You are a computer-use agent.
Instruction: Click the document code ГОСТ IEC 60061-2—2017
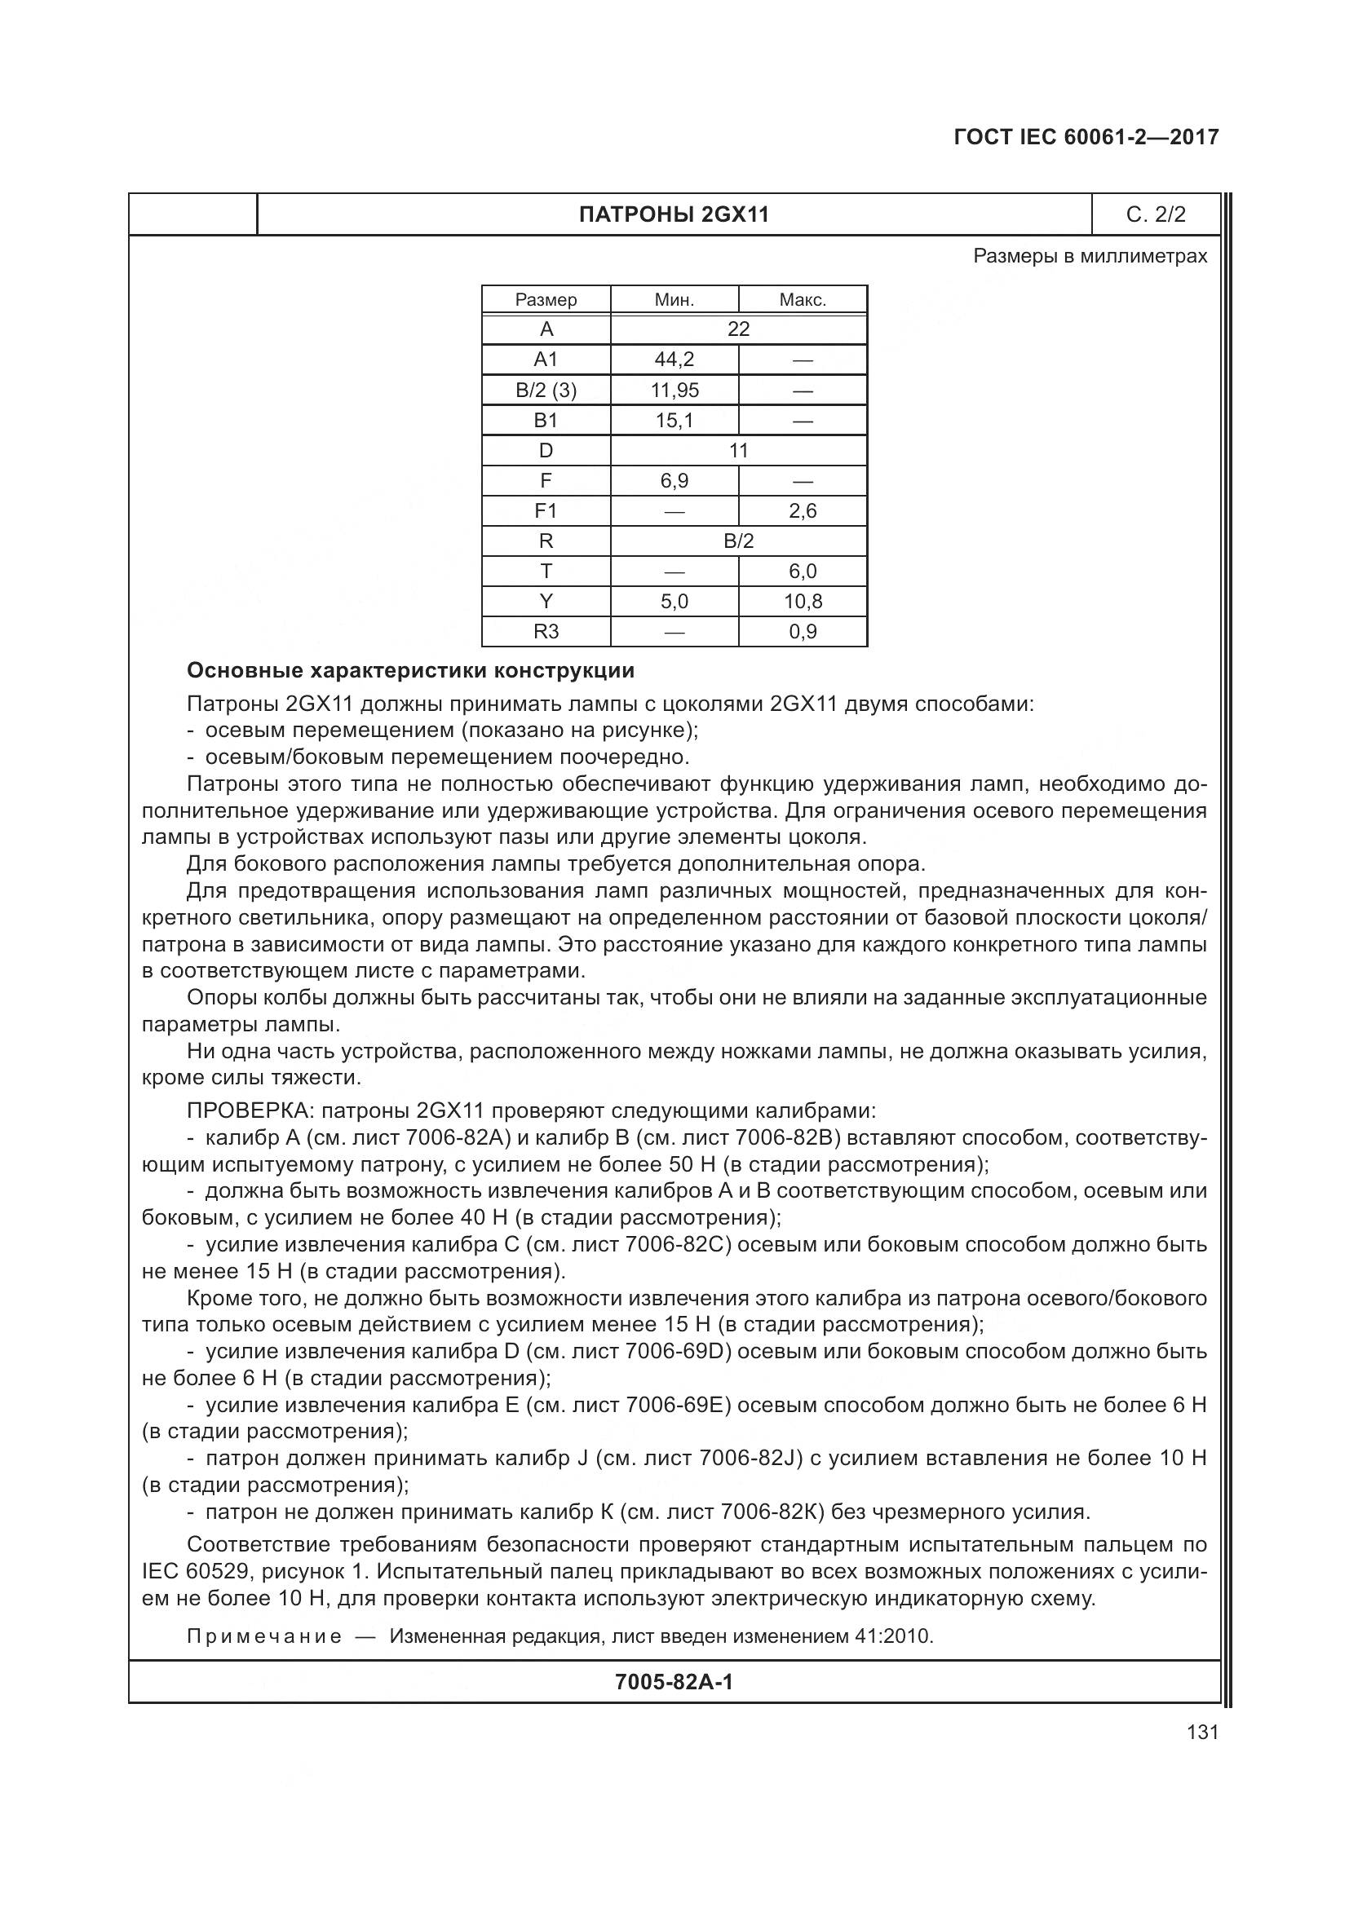pos(1086,137)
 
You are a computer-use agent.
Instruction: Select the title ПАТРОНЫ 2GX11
pos(674,215)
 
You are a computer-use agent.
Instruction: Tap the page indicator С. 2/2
pos(1156,215)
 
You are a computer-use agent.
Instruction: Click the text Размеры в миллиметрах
pos(1090,256)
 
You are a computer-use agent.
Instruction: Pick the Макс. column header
pos(803,300)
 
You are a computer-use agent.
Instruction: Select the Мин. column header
pos(674,300)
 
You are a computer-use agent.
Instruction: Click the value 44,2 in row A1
pos(674,360)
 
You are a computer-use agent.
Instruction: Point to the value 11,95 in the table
pos(674,390)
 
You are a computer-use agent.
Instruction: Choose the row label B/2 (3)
pos(546,390)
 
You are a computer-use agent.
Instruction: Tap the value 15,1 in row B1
pos(674,420)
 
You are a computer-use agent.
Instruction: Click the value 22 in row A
pos(738,329)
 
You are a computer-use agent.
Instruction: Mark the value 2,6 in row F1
pos(803,511)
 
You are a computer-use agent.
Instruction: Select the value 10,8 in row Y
pos(803,602)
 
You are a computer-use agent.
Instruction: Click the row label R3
pos(546,631)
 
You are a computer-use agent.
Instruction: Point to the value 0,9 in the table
pos(803,631)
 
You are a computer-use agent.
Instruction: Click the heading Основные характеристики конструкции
pos(410,670)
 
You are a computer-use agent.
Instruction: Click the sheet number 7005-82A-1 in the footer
pos(674,1682)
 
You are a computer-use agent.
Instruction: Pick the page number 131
pos(1202,1732)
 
